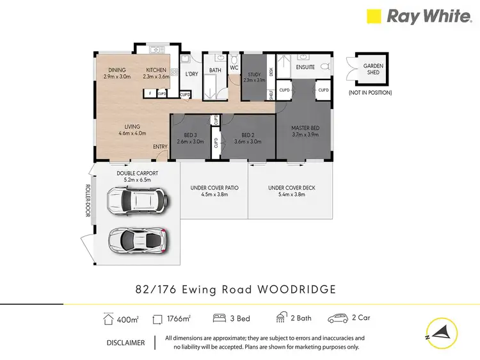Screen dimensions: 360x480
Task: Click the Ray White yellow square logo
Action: tap(373, 17)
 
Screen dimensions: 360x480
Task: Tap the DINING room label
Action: tap(116, 70)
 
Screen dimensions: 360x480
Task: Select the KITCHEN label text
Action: tap(156, 70)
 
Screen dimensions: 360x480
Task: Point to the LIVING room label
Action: tap(132, 126)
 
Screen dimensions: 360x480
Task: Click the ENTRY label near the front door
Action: tap(160, 147)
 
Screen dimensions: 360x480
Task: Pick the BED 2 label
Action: tap(249, 135)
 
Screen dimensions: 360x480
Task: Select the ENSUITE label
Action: tap(305, 67)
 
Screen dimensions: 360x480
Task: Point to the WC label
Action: tap(234, 67)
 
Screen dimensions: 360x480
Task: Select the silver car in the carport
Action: tap(138, 240)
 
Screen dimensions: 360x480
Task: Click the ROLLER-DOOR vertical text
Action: tap(88, 201)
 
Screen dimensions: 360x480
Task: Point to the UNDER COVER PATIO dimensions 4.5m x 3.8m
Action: tap(214, 195)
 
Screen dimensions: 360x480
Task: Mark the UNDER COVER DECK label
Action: tap(291, 188)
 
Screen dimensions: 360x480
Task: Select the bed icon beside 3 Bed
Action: tap(219, 318)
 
